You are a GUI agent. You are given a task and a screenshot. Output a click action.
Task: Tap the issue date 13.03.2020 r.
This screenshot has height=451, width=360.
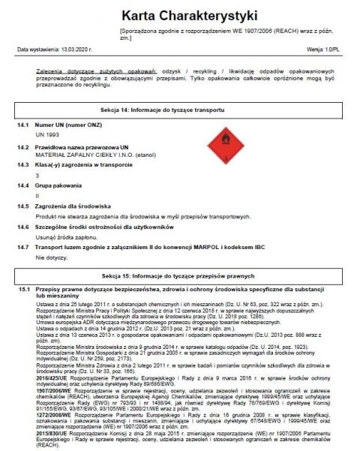pyautogui.click(x=75, y=50)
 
